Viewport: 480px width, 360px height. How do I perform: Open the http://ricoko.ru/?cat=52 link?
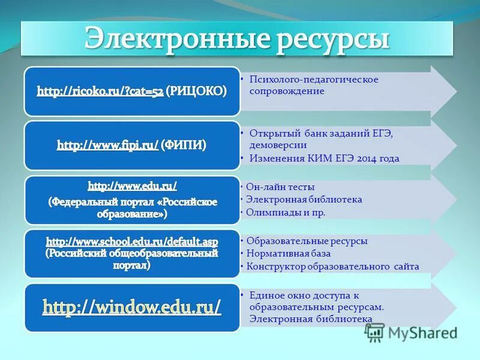tap(100, 92)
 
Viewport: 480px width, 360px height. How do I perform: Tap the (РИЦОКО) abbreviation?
tap(196, 91)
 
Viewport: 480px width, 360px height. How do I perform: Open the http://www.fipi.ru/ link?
tap(108, 145)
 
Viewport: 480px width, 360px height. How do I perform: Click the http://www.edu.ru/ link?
tap(133, 186)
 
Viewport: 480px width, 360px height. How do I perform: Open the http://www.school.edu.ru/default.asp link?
tap(132, 241)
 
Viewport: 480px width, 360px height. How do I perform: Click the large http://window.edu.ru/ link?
tap(131, 307)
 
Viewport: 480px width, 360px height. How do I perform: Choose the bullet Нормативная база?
tap(287, 253)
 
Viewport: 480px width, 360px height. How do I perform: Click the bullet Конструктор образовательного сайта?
tap(332, 266)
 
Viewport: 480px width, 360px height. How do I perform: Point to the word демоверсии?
tap(278, 145)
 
